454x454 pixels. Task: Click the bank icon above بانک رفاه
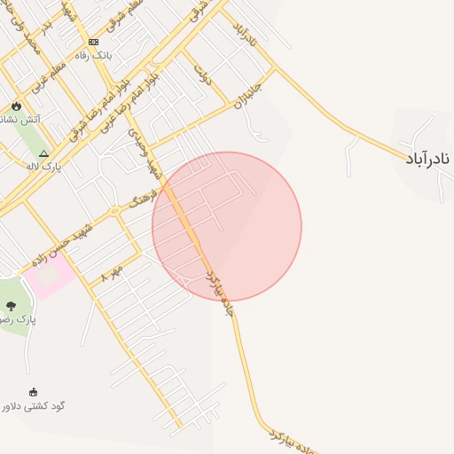[x=93, y=42]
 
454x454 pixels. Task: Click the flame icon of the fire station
[x=15, y=105]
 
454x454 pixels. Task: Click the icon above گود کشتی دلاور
[x=35, y=393]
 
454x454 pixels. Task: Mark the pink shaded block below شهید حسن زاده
[x=48, y=278]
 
